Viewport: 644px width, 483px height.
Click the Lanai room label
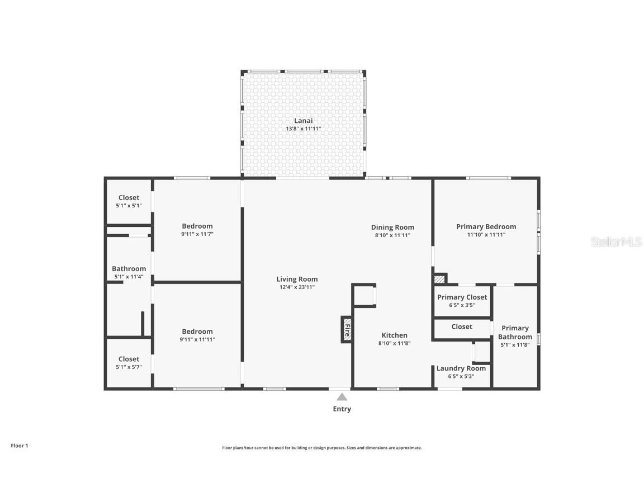[x=303, y=121]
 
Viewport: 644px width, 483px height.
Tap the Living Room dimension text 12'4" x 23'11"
[x=297, y=287]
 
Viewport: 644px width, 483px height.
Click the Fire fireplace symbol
[x=347, y=329]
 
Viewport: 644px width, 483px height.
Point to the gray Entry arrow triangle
[x=342, y=397]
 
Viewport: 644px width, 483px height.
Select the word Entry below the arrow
[x=342, y=409]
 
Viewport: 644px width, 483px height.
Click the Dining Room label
[x=392, y=227]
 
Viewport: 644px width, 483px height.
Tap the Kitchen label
[x=394, y=335]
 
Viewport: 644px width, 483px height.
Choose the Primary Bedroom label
[x=486, y=226]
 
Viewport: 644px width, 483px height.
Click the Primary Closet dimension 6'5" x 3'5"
[x=462, y=305]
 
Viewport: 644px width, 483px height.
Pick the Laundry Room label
[x=461, y=368]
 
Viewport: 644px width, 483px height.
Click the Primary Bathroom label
[x=515, y=333]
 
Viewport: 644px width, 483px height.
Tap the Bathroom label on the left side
[x=129, y=269]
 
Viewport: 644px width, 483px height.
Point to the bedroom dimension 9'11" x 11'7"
[x=197, y=234]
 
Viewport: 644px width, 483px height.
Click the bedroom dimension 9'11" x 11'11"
[x=197, y=339]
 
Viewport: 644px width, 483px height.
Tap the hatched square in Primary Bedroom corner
[x=440, y=278]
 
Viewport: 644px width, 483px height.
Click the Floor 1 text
[x=19, y=446]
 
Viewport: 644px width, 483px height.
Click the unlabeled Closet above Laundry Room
[x=462, y=326]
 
